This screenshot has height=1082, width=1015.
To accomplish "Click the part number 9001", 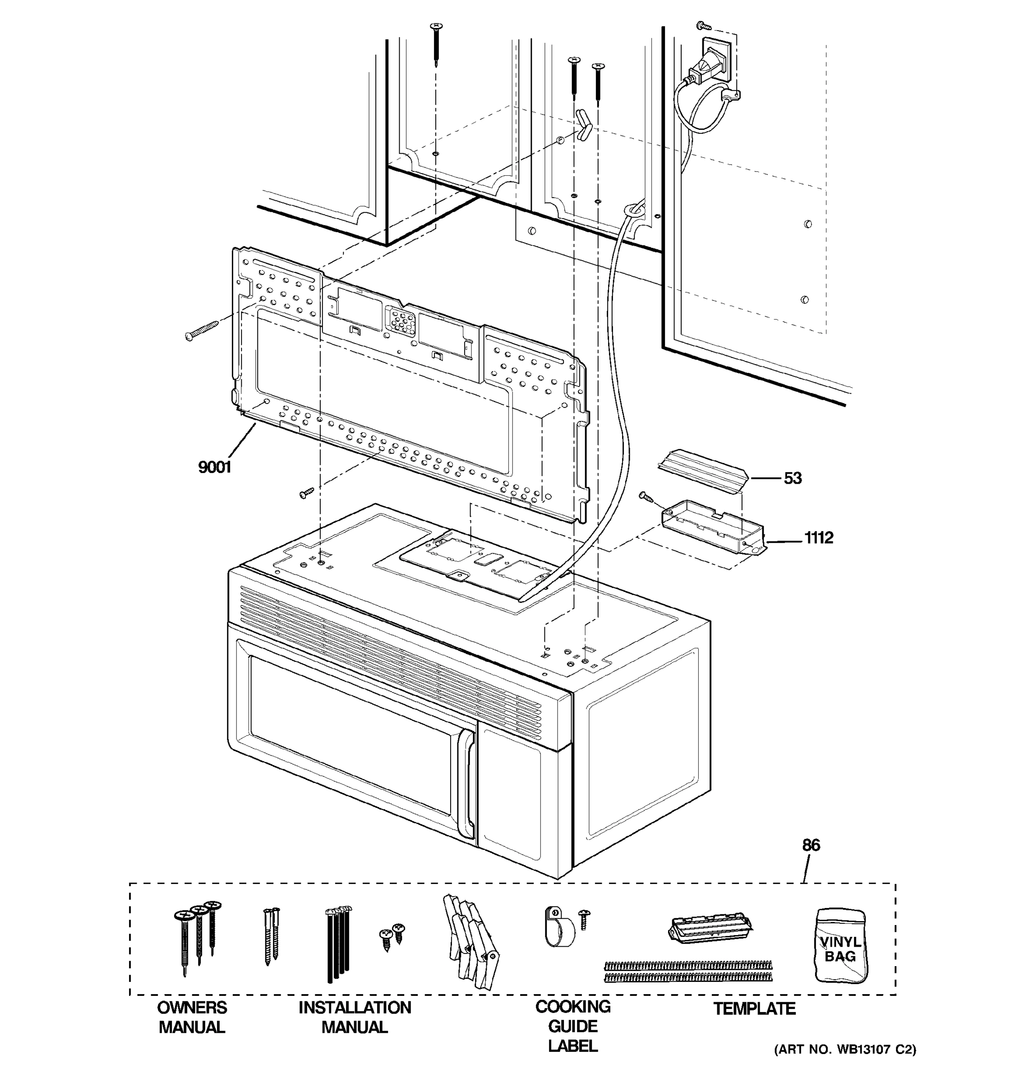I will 215,467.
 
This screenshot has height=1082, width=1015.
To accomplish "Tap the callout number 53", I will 792,478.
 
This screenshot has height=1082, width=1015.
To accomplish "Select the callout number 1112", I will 818,538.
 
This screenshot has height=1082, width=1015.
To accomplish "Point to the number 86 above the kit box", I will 811,845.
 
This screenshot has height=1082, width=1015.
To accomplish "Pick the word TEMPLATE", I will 754,1009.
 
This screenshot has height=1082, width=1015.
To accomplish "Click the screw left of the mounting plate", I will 201,330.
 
